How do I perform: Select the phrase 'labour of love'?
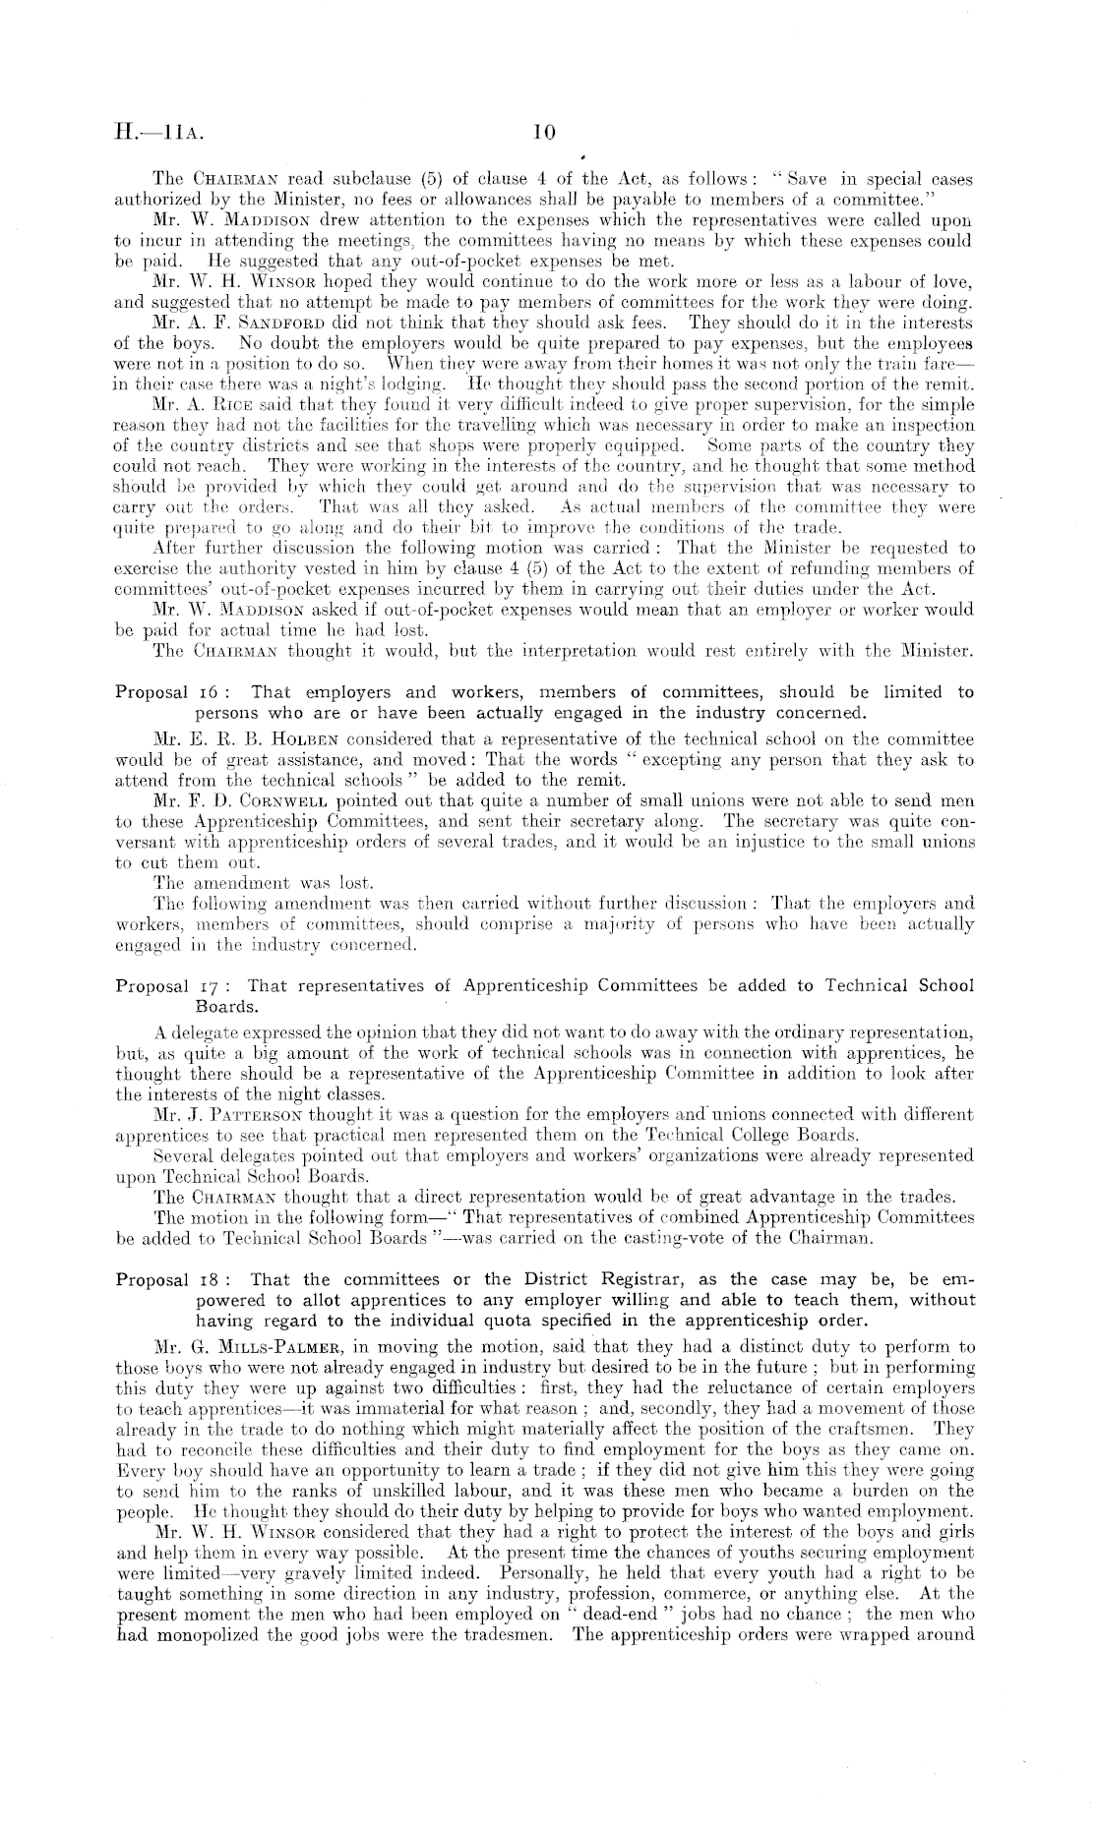point(922,282)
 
